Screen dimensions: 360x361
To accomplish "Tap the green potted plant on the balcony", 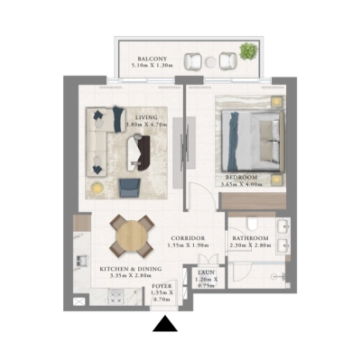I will click(x=245, y=51).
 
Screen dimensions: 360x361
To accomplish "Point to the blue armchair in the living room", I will click(x=130, y=186).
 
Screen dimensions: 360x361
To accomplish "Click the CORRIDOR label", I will click(x=188, y=238).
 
